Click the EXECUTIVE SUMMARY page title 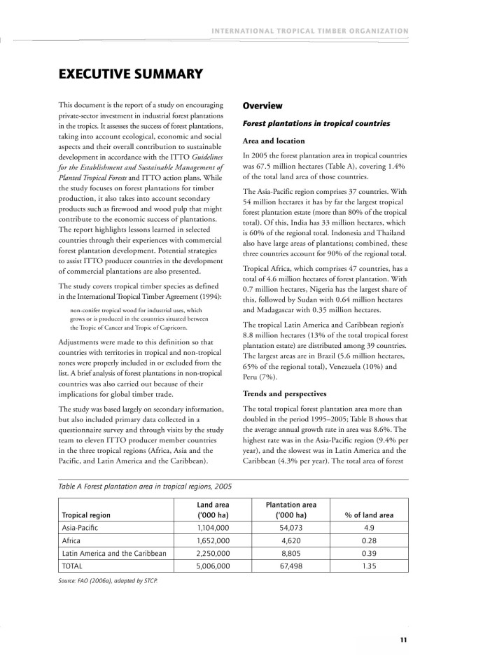(x=130, y=73)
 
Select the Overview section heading (x=262, y=106)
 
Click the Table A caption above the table (x=146, y=486)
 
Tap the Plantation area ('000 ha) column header (x=291, y=510)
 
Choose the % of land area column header (x=369, y=515)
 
